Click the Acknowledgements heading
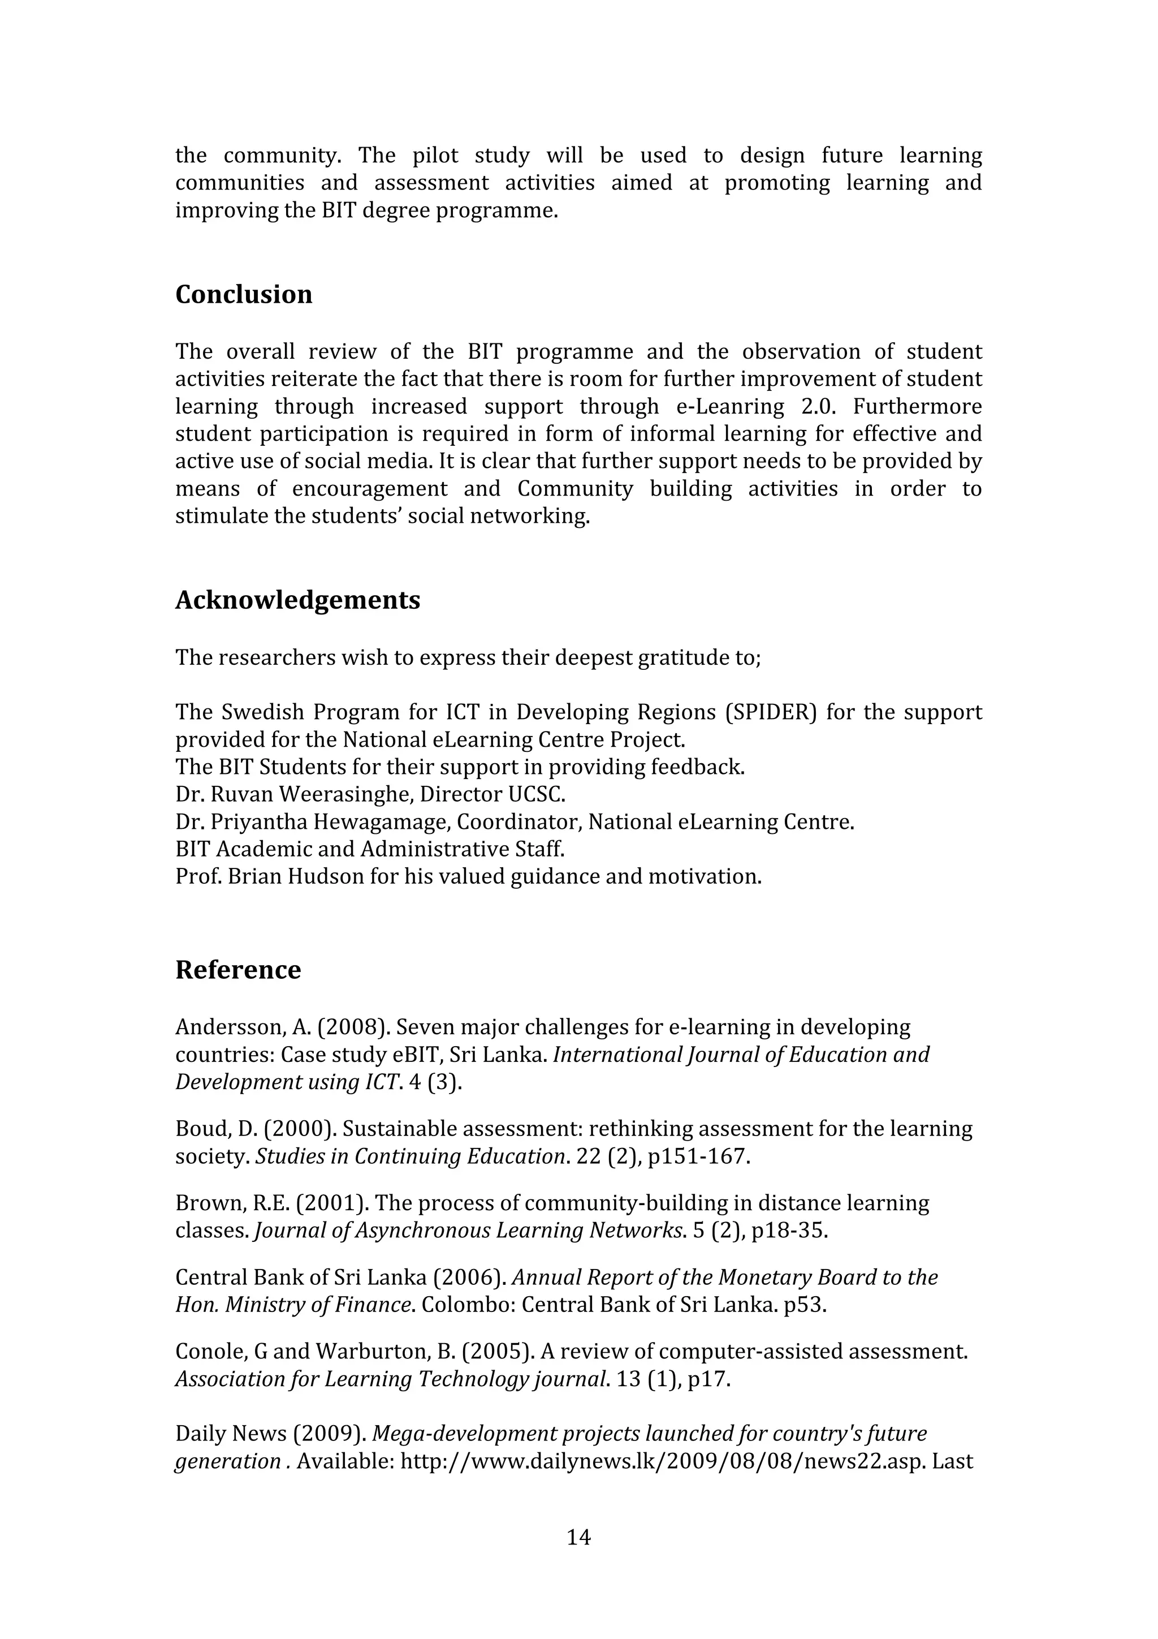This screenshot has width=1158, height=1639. pyautogui.click(x=297, y=600)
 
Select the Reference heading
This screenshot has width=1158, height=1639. pyautogui.click(x=237, y=969)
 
